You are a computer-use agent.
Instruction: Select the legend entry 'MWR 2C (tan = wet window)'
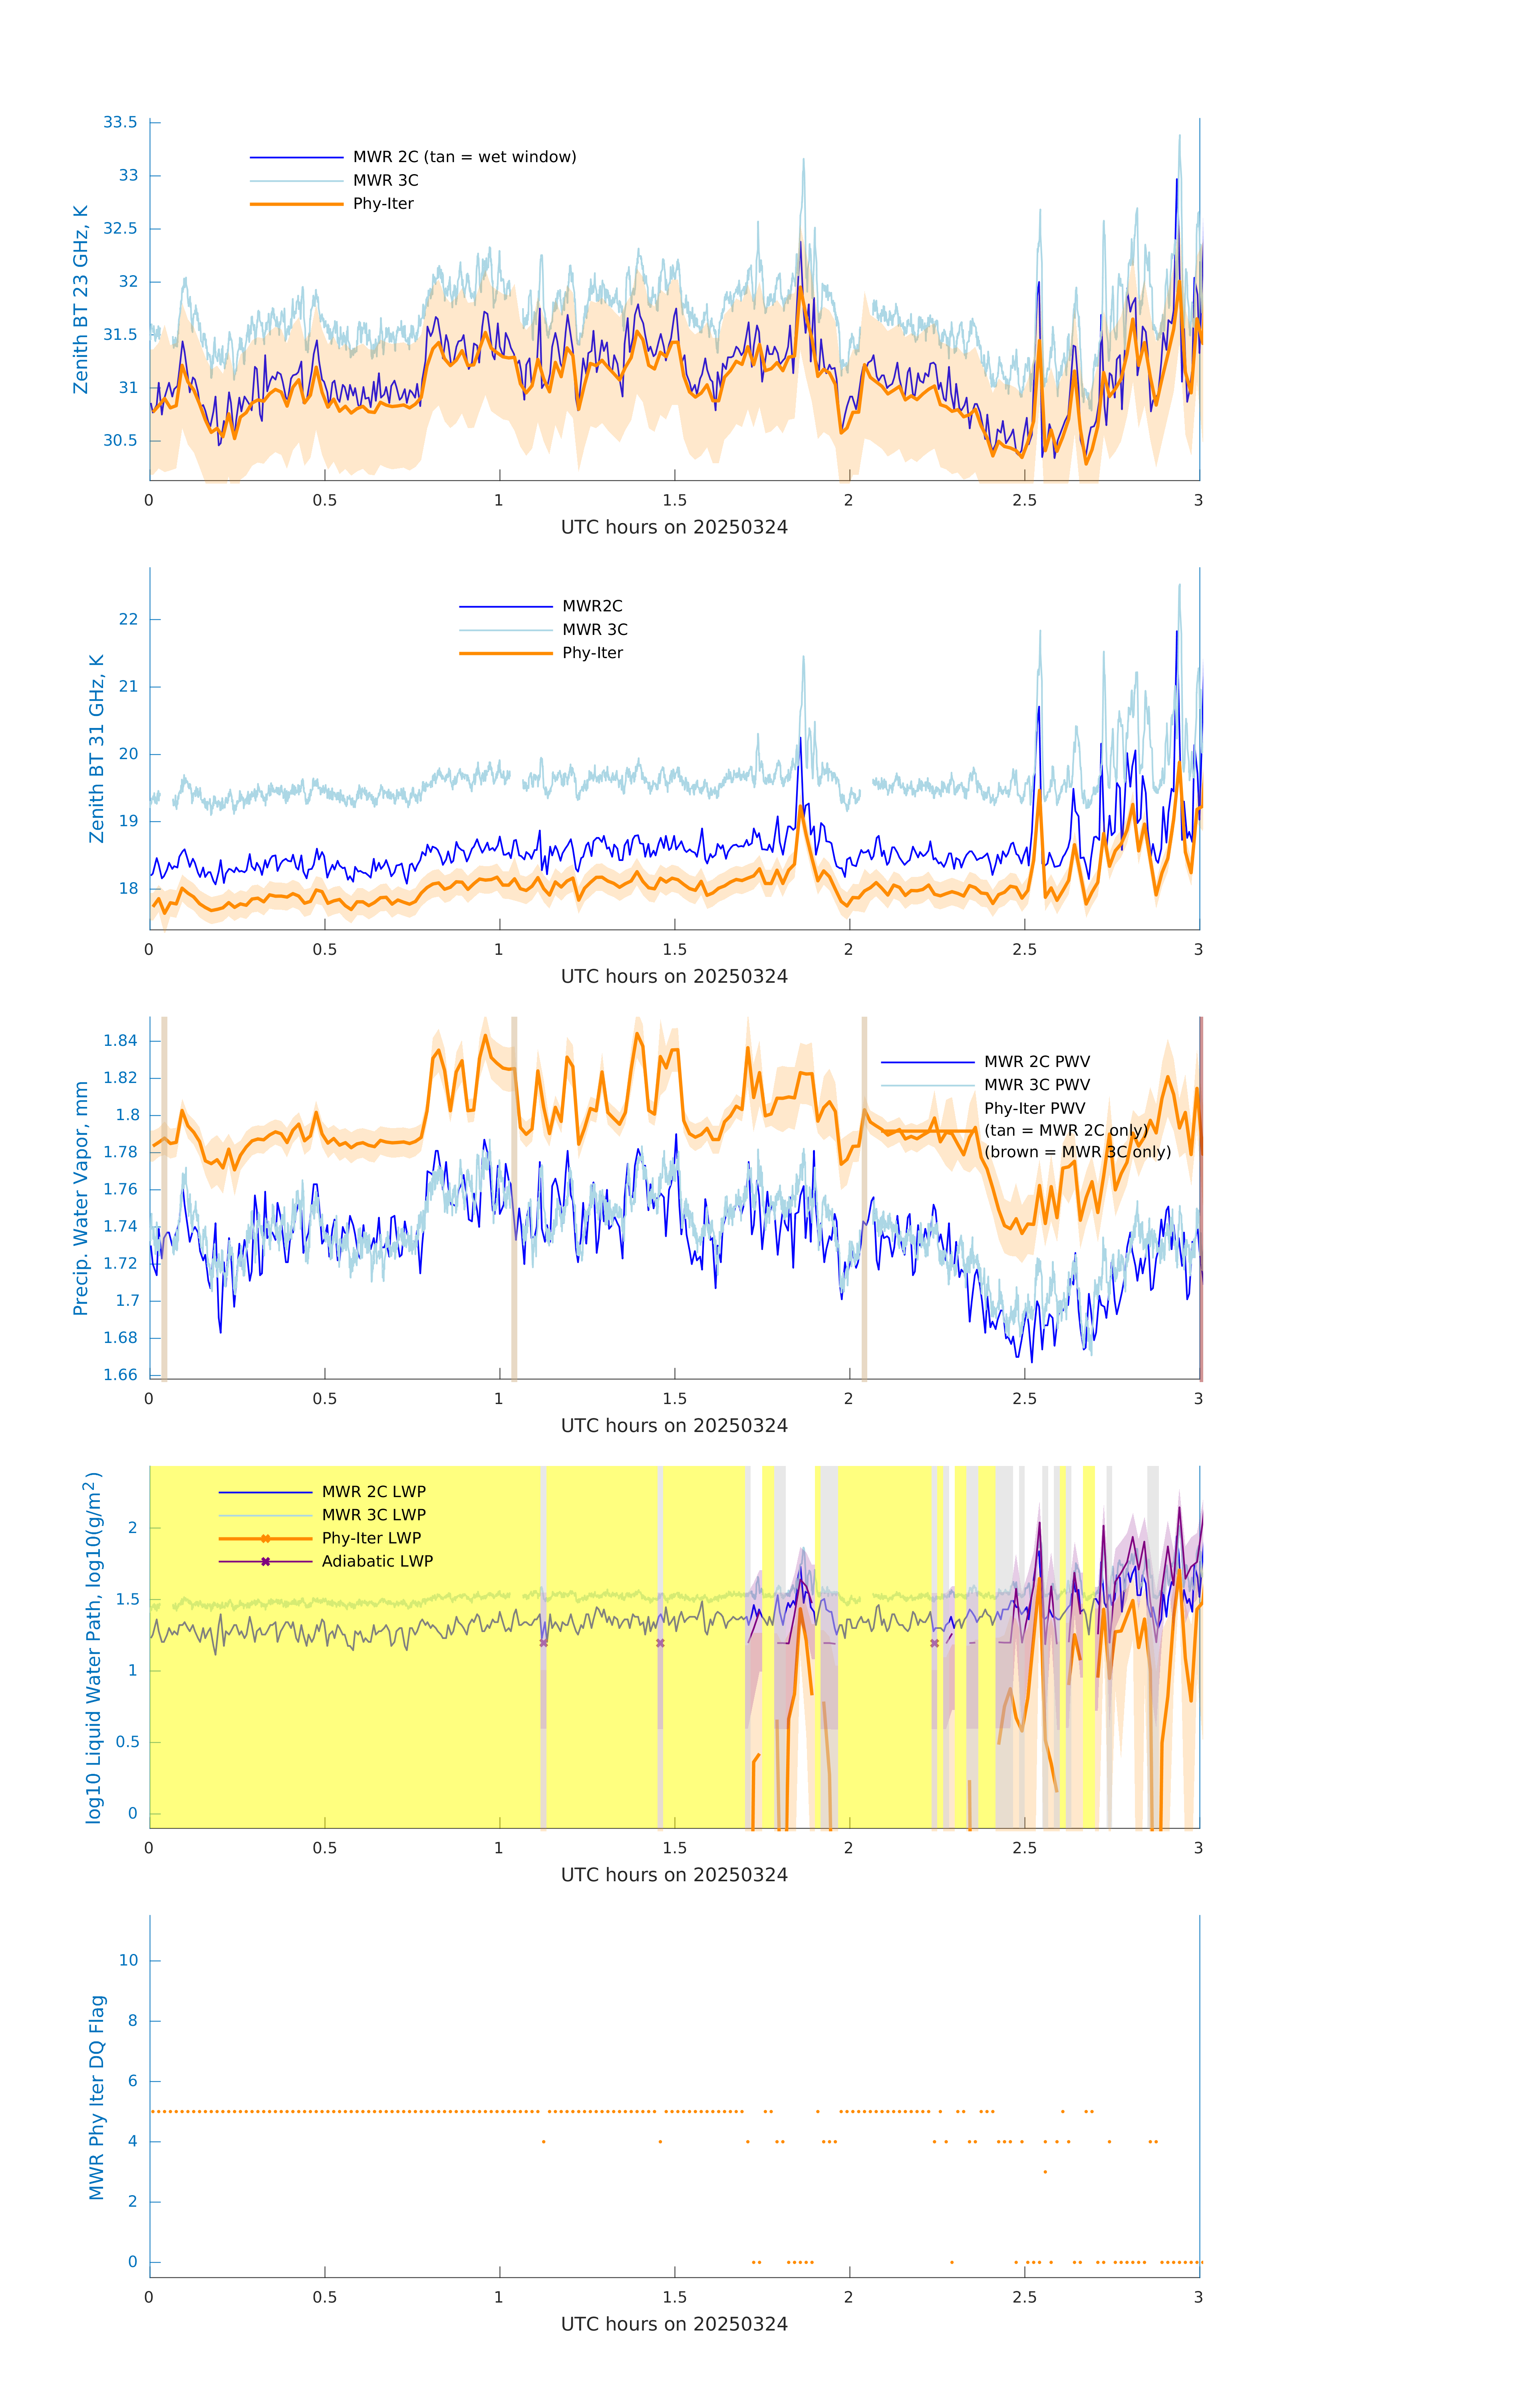click(464, 157)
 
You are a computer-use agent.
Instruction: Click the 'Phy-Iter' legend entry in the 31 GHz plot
click(592, 653)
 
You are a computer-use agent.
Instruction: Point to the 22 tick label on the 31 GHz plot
click(128, 619)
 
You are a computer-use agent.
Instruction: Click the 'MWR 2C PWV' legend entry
click(1036, 1062)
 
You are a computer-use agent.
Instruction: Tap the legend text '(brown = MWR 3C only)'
click(1077, 1152)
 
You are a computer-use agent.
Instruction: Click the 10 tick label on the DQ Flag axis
click(128, 1961)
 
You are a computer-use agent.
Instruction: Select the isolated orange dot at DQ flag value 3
click(1044, 2171)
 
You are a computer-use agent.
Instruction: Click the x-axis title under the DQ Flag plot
click(674, 2325)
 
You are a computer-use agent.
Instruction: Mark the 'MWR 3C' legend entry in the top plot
click(385, 180)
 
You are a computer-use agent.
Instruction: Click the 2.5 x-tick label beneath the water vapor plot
click(1024, 1399)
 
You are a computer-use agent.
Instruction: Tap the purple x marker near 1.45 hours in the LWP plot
click(660, 1643)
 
